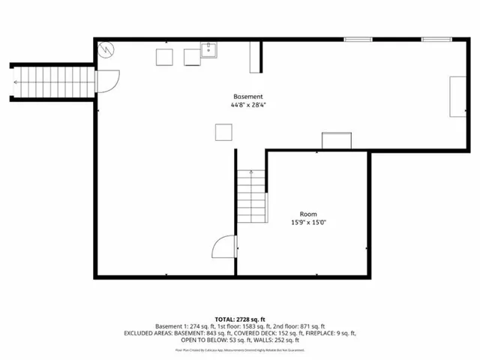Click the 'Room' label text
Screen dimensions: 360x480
(308, 214)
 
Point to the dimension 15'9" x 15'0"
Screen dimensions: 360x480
(308, 222)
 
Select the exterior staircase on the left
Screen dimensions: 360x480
(52, 80)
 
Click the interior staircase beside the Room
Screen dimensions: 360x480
(250, 193)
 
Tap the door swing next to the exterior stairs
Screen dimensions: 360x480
(109, 80)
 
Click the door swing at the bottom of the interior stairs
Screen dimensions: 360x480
(224, 247)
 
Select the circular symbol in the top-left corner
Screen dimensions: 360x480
(106, 49)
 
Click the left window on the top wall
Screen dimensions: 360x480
(358, 39)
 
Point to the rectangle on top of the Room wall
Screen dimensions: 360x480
(336, 141)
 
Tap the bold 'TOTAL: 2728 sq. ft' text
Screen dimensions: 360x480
(240, 319)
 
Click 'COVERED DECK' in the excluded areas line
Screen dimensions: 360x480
(278, 333)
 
